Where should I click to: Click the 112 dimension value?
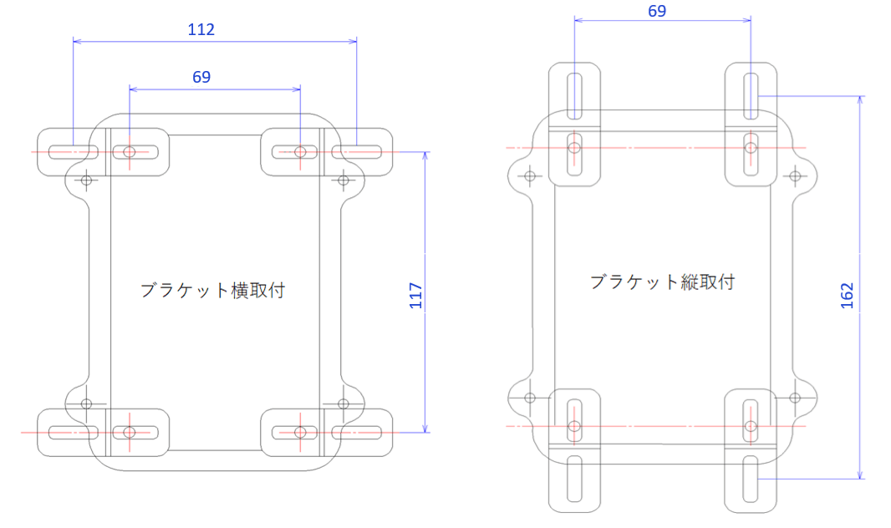(x=201, y=30)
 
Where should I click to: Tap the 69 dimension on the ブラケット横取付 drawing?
(x=201, y=77)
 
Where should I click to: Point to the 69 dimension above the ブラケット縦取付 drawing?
(x=657, y=11)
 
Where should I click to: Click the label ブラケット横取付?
(x=212, y=291)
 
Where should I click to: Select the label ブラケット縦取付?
(x=662, y=282)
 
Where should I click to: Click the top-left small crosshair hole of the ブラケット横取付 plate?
(x=86, y=180)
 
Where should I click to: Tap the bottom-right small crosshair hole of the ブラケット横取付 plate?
(x=343, y=404)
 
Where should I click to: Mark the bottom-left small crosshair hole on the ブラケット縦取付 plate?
(x=528, y=398)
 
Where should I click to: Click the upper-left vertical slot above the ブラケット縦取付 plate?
(x=574, y=96)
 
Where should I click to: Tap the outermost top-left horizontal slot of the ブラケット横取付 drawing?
(x=73, y=152)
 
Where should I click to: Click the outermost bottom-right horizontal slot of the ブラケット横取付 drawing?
(x=357, y=432)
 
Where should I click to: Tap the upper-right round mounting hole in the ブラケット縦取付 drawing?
(x=751, y=148)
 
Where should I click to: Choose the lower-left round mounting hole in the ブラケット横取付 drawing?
(x=130, y=432)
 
